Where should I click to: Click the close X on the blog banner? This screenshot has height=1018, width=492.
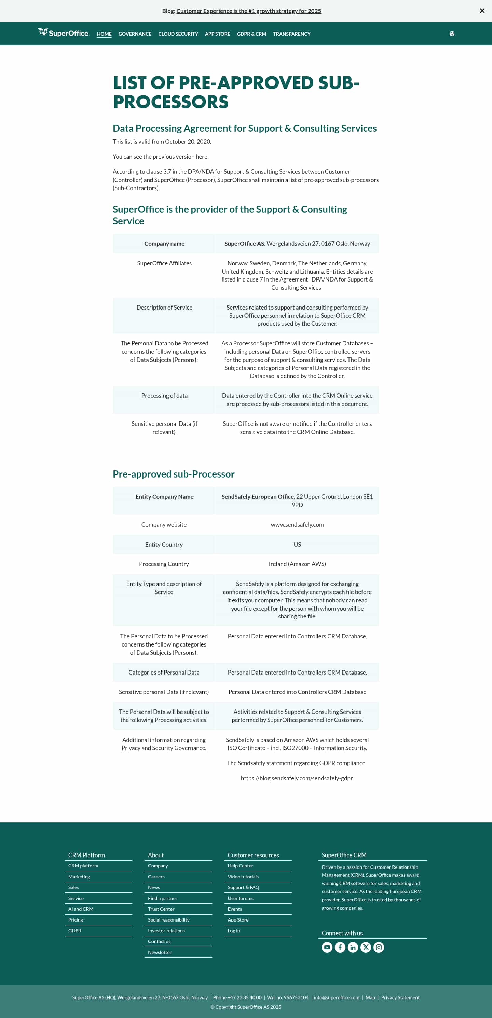tap(482, 11)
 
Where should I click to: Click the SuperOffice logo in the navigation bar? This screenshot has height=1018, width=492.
tap(64, 33)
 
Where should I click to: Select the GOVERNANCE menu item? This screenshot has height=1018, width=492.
tap(135, 34)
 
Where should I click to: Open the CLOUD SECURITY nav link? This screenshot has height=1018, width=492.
tap(178, 34)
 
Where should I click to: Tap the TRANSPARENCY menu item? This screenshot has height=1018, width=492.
tap(291, 34)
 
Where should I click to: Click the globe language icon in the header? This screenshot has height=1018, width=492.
tap(452, 34)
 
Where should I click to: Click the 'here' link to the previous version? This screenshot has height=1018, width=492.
tap(201, 156)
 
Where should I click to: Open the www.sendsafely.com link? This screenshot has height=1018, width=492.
tap(297, 524)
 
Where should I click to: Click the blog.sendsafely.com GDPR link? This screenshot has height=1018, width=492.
tap(297, 778)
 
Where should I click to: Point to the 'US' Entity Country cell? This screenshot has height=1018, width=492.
tap(297, 544)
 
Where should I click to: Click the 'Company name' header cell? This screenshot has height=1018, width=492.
tap(164, 244)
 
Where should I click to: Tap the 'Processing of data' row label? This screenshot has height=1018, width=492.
tap(164, 395)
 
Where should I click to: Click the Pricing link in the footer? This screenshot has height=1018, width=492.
tap(76, 919)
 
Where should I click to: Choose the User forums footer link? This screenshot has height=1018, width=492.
tap(241, 898)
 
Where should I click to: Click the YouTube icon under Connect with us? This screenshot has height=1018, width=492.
tap(327, 947)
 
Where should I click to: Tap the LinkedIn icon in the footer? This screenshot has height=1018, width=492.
tap(353, 947)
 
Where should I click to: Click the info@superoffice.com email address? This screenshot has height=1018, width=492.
tap(337, 997)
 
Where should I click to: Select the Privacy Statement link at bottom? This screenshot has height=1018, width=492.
tap(400, 997)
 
